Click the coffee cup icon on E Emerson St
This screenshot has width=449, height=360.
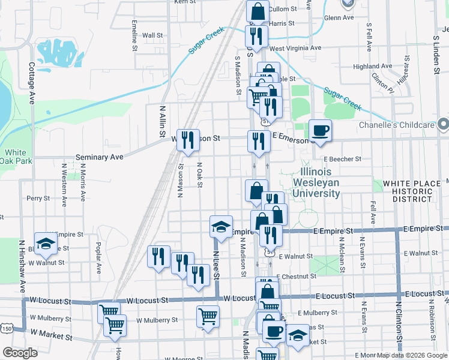(x=320, y=130)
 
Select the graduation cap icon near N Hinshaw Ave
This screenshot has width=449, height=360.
(x=45, y=242)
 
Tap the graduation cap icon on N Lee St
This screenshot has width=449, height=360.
(x=221, y=226)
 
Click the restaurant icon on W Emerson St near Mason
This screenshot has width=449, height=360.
(x=188, y=140)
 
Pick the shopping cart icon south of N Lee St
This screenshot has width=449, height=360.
(x=208, y=316)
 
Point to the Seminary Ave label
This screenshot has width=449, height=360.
(x=99, y=157)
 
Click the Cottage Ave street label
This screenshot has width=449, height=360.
(x=31, y=82)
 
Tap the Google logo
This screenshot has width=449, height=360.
(x=20, y=352)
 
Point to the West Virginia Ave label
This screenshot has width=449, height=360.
(x=295, y=48)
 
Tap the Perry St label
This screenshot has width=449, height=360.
(x=37, y=197)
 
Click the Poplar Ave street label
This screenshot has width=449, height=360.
(x=98, y=258)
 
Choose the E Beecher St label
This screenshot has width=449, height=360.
(x=342, y=160)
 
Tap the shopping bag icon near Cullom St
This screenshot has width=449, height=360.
(x=258, y=11)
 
